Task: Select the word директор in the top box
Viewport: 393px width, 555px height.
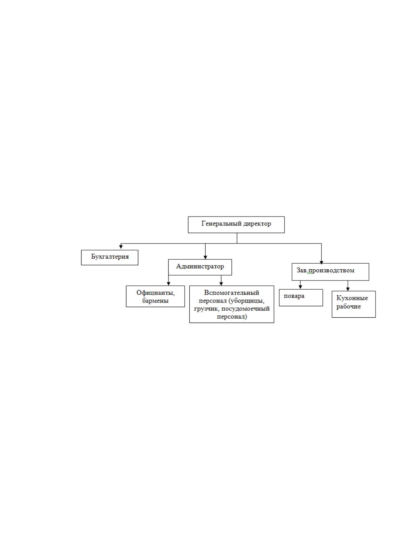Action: pos(257,224)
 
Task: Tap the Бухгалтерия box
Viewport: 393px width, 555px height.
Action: pos(110,257)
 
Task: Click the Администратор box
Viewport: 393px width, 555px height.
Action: pos(200,267)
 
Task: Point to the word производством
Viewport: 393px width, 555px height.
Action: pos(331,271)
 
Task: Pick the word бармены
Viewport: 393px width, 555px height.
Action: pos(155,301)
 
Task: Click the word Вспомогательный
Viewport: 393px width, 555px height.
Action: pos(232,293)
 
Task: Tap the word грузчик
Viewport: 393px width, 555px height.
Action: pos(207,309)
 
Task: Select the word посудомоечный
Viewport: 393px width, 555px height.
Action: pos(246,309)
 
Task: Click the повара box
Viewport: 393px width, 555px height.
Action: pos(301,298)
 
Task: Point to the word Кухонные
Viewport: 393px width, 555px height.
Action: pos(352,298)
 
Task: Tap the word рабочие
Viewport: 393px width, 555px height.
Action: pos(348,307)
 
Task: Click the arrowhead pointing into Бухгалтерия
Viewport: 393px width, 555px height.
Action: pos(121,247)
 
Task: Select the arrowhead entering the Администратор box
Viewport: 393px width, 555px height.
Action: pos(205,257)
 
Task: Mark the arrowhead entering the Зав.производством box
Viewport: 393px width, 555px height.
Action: pos(321,263)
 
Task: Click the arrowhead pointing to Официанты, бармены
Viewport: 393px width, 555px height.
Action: pos(169,284)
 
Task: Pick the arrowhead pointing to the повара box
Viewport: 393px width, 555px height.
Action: pos(300,287)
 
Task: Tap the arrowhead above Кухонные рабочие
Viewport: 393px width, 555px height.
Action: pos(347,289)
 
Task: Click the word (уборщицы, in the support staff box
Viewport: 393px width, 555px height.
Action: pos(246,301)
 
